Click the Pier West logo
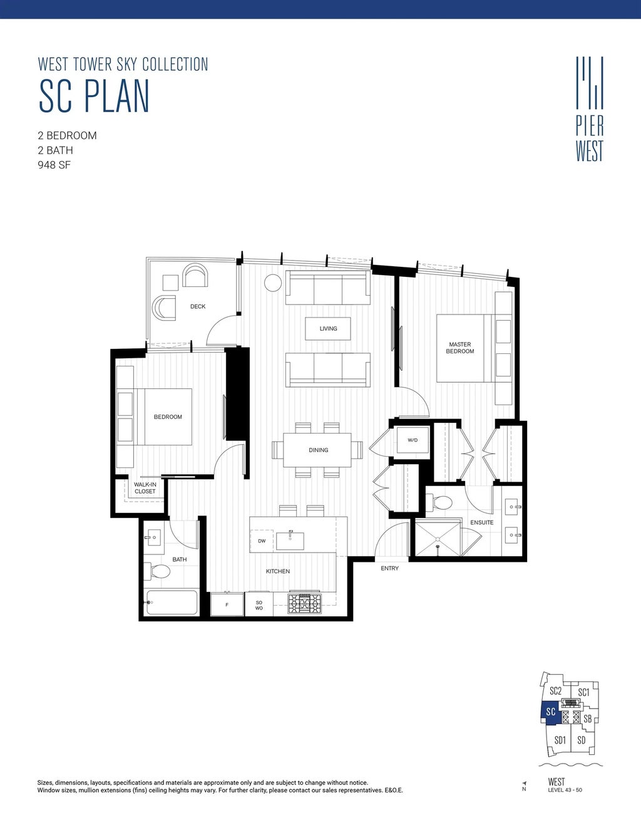590,109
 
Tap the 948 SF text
54,165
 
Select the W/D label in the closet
413,440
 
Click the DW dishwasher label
262,541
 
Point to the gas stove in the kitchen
304,603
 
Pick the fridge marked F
227,604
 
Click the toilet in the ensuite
441,502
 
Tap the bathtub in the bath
172,603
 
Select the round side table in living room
273,283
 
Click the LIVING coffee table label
328,328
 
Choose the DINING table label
318,450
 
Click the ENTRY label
389,568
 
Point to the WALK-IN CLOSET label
145,488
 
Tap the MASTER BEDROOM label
460,348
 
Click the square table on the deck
170,283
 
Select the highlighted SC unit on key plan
550,712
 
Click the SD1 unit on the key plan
560,740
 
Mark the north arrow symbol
524,783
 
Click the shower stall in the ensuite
438,538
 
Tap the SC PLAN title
95,96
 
